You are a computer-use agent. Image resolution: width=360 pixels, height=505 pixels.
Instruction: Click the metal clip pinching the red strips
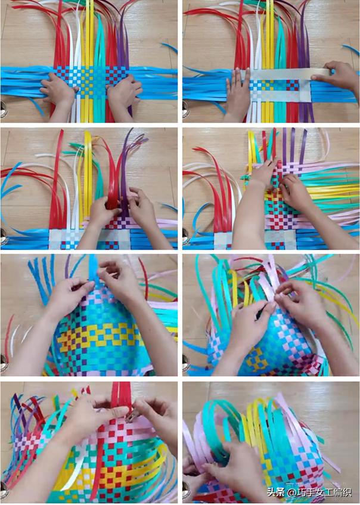(x=131, y=417)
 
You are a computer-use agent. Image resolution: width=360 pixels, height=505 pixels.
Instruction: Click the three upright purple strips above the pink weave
(x=294, y=145)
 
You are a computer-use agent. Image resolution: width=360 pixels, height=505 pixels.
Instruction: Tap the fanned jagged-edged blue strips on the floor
(x=42, y=280)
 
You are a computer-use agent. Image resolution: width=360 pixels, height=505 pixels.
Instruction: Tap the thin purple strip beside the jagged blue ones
(x=67, y=267)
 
